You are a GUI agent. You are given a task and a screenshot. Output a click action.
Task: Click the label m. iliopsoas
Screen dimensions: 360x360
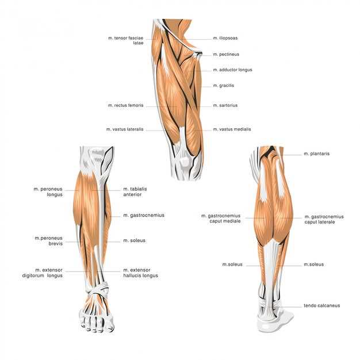[225, 38]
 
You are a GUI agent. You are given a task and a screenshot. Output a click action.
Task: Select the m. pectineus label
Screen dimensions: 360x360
[226, 55]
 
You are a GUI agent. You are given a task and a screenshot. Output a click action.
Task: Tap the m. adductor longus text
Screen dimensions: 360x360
[232, 70]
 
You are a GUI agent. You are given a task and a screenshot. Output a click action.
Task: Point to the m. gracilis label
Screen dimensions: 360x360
[223, 86]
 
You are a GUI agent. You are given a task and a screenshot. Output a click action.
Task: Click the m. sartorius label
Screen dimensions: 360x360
[225, 105]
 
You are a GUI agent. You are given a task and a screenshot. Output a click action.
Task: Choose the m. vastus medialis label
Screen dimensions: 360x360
[232, 129]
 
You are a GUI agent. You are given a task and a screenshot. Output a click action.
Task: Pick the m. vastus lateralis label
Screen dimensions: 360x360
[125, 129]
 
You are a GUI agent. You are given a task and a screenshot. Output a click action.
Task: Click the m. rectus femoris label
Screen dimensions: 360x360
[125, 105]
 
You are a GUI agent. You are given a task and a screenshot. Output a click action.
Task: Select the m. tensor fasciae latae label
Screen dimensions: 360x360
[126, 40]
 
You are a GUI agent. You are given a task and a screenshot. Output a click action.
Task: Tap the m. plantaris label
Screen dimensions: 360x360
[317, 154]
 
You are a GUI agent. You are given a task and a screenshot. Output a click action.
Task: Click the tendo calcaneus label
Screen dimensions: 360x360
[321, 305]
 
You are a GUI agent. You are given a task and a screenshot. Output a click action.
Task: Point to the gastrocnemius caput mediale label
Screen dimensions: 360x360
[221, 219]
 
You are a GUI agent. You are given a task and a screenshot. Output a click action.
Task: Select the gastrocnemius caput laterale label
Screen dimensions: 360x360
[324, 219]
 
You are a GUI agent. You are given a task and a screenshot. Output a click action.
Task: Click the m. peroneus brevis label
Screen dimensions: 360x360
[49, 240]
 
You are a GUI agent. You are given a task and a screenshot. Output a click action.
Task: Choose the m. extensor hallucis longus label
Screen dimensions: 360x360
[140, 273]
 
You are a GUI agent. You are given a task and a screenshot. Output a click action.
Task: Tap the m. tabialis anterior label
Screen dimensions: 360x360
[135, 192]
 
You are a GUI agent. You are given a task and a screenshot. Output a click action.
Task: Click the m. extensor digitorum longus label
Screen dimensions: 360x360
[42, 273]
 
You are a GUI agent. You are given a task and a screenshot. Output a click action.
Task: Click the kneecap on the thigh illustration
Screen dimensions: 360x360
[184, 162]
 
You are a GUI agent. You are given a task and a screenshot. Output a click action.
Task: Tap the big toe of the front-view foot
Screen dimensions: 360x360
[110, 323]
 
